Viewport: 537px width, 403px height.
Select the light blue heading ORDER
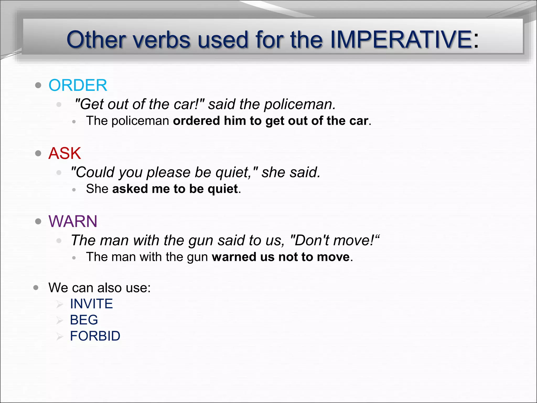[x=78, y=85]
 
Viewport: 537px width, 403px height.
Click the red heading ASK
[x=65, y=153]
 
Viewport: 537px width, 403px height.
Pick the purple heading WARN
[x=73, y=221]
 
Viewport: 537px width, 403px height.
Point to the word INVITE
[x=91, y=304]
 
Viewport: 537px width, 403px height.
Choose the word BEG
[x=84, y=320]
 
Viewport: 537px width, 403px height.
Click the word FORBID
[x=95, y=336]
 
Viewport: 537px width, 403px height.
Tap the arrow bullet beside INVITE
[x=60, y=304]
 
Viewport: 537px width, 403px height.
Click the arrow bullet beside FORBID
[x=60, y=337]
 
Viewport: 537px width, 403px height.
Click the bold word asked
[x=130, y=189]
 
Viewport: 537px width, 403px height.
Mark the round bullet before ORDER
[x=38, y=85]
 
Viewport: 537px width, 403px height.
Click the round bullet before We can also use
[x=36, y=288]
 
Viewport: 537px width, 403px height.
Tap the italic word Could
[x=93, y=172]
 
